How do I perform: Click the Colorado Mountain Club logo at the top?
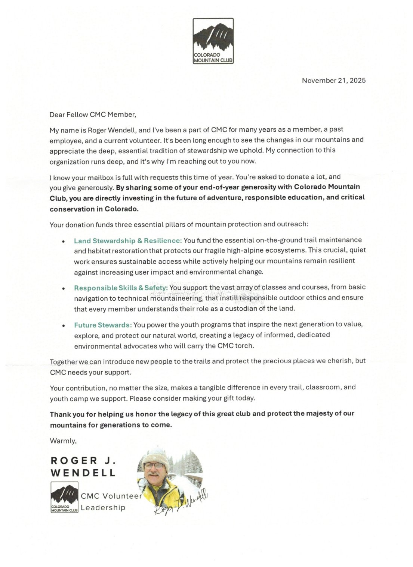tap(213, 41)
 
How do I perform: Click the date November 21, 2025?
tap(333, 81)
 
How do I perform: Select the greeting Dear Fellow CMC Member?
tap(93, 115)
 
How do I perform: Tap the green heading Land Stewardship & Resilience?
tap(128, 240)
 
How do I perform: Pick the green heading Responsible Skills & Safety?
tap(121, 288)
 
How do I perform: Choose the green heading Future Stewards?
tap(103, 325)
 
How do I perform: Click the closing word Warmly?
tap(63, 441)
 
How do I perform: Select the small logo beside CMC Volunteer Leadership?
tap(64, 497)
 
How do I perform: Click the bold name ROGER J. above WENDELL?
tap(83, 461)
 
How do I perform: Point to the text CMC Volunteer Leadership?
tap(111, 502)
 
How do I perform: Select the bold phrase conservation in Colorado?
tap(94, 209)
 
